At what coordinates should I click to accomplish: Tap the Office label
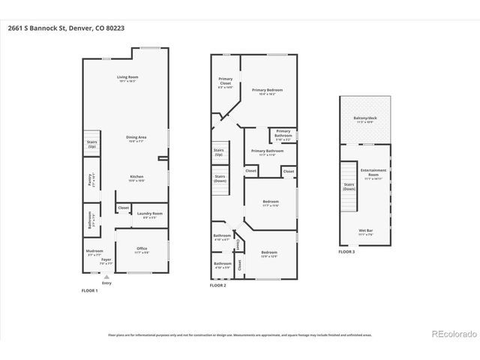pyautogui.click(x=141, y=250)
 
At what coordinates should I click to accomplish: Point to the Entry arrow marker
pyautogui.click(x=106, y=276)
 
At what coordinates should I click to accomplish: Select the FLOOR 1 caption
pyautogui.click(x=89, y=290)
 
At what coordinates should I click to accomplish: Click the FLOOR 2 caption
pyautogui.click(x=217, y=286)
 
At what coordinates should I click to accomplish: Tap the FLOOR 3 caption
pyautogui.click(x=346, y=252)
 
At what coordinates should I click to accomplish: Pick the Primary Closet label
pyautogui.click(x=225, y=82)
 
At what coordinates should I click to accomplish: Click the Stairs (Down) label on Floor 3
pyautogui.click(x=349, y=185)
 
